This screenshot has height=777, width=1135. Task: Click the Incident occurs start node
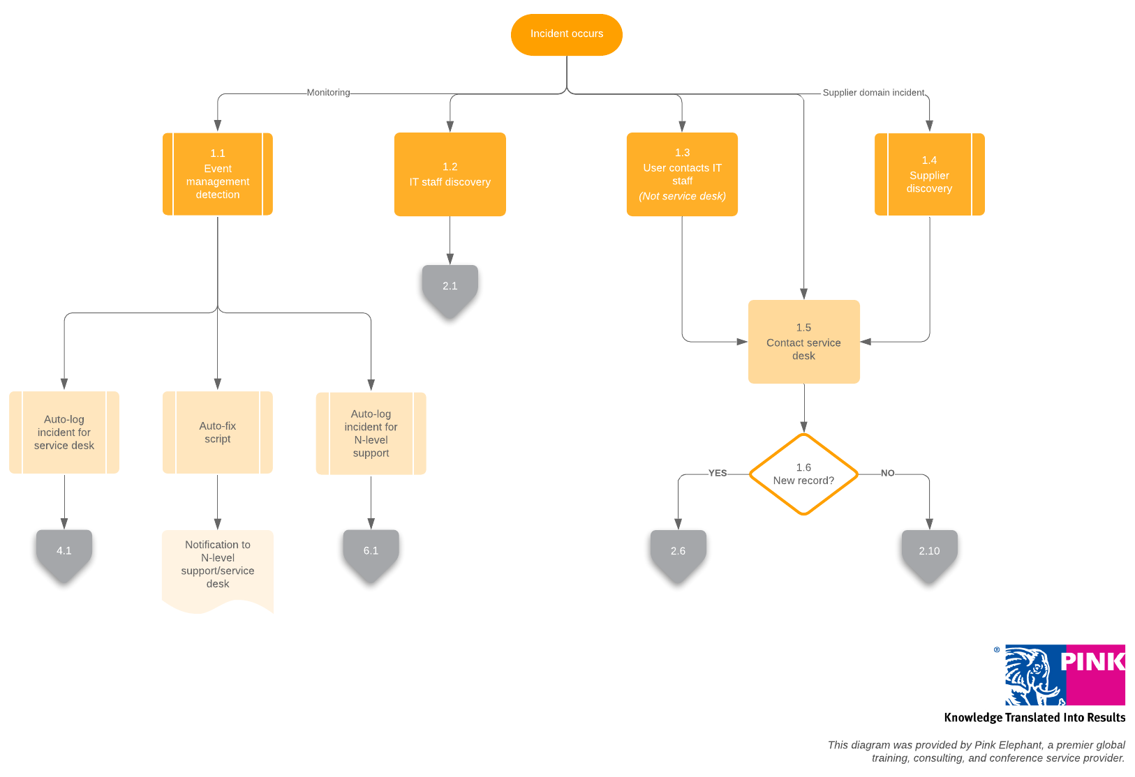(566, 34)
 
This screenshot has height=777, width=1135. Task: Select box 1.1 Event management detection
(217, 174)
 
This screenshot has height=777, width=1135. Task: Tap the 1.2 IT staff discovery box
(450, 174)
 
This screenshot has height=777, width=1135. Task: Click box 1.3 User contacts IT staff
(682, 174)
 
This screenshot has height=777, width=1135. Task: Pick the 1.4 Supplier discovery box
(929, 174)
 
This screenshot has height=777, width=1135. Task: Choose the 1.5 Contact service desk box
(803, 342)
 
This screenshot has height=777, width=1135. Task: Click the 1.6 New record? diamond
(803, 474)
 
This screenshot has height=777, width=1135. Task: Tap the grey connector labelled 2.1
(450, 287)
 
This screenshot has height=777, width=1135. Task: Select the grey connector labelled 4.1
(64, 552)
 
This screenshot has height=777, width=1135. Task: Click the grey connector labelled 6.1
(371, 552)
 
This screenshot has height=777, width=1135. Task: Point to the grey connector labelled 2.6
(678, 552)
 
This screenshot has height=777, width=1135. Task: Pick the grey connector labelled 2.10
(929, 552)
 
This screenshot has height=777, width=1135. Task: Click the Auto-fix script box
(217, 432)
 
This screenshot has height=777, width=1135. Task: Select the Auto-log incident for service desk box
(64, 432)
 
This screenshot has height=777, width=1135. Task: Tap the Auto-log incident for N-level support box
(371, 433)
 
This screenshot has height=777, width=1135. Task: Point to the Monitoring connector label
(328, 93)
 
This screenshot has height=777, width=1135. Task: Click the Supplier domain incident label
(873, 93)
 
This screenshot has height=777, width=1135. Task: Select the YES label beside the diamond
(718, 473)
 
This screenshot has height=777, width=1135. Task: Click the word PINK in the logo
(1092, 662)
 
